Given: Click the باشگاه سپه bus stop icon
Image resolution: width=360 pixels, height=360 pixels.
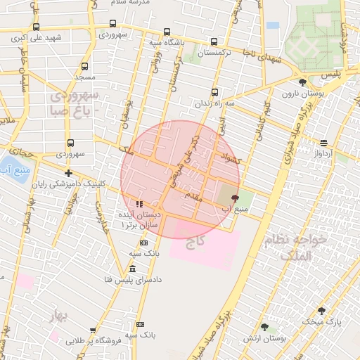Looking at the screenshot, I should [x=167, y=32].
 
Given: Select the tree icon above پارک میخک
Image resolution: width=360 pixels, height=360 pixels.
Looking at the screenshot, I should [x=322, y=311].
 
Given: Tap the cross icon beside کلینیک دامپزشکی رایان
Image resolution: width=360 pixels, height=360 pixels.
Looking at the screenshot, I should [x=68, y=173].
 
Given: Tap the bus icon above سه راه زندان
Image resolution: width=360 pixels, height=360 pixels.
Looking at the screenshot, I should [x=214, y=91].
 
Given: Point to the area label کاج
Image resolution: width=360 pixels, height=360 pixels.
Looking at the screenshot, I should [x=195, y=243].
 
